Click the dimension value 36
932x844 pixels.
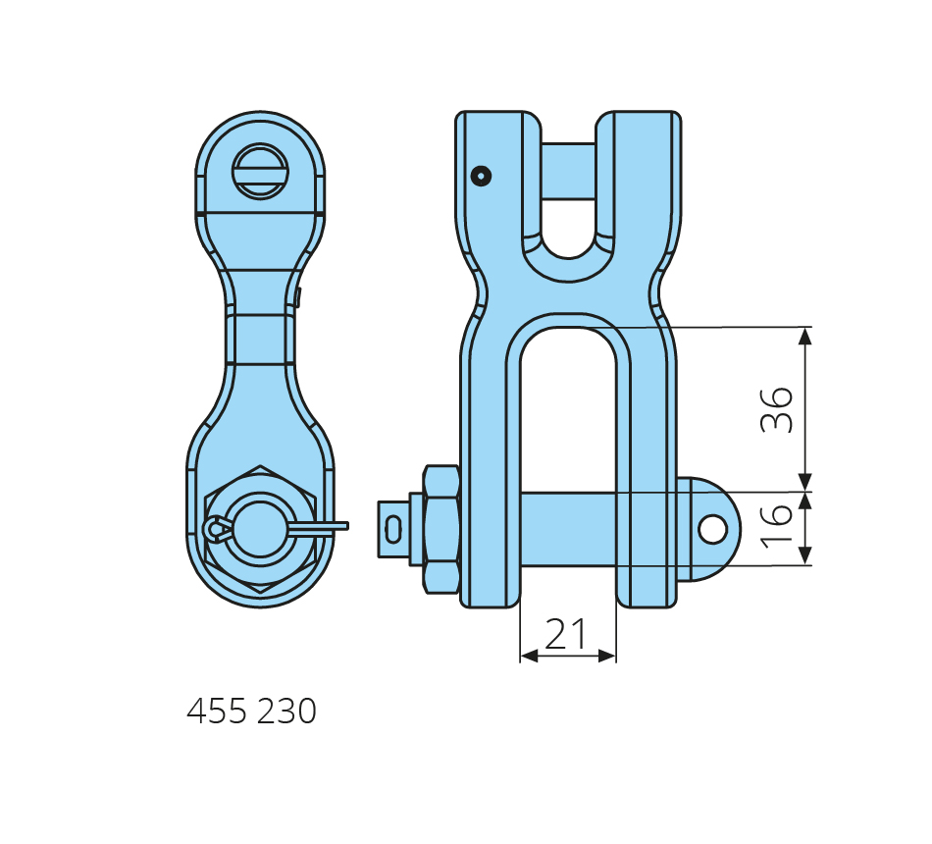point(777,410)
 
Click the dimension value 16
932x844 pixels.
point(777,526)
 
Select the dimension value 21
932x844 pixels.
point(566,633)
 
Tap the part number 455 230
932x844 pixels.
point(251,711)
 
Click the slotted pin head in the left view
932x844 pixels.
point(260,172)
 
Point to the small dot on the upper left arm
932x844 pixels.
point(481,176)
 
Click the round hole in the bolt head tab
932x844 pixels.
point(712,529)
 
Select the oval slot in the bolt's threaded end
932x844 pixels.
point(392,529)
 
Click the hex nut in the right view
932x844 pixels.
point(441,529)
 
